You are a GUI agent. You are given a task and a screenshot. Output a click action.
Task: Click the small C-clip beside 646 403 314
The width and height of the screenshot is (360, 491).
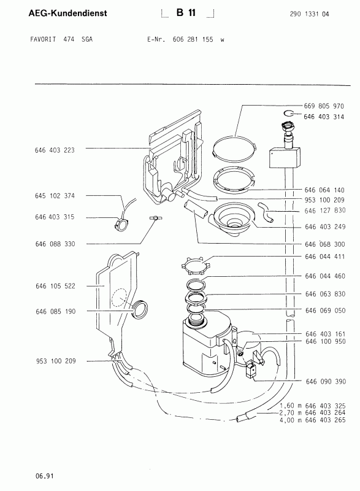pos(289,114)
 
